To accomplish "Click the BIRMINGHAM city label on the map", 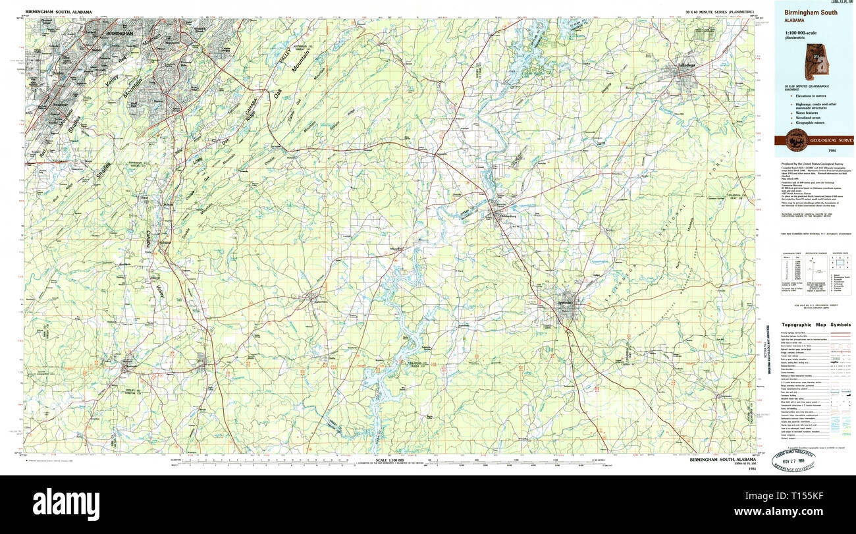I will [x=119, y=33].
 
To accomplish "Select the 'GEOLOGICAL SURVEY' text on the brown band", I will [x=831, y=141].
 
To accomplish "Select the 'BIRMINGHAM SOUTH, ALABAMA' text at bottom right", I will [x=723, y=459].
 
